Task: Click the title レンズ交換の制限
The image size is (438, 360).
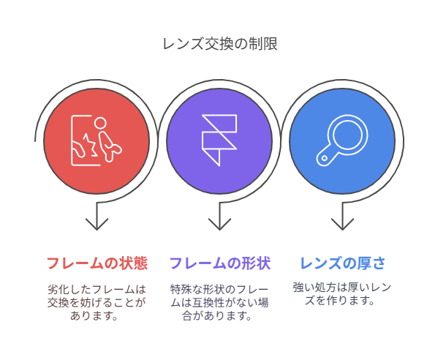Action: (220, 44)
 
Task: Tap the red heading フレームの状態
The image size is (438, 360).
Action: (97, 263)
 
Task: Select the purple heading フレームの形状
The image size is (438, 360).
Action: (220, 263)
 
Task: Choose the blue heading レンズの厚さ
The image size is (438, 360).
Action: (342, 263)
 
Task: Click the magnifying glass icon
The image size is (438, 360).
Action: (342, 140)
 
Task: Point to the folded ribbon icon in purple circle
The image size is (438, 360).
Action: (219, 140)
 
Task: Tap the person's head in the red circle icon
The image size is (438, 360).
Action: (100, 123)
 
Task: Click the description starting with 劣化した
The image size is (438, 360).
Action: (97, 303)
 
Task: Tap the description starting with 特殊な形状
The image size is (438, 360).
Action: (219, 303)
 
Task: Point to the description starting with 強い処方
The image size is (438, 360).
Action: (342, 294)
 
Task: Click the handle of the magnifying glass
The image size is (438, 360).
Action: (326, 157)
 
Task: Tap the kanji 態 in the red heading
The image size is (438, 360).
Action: (140, 263)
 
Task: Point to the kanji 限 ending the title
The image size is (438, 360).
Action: (271, 44)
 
